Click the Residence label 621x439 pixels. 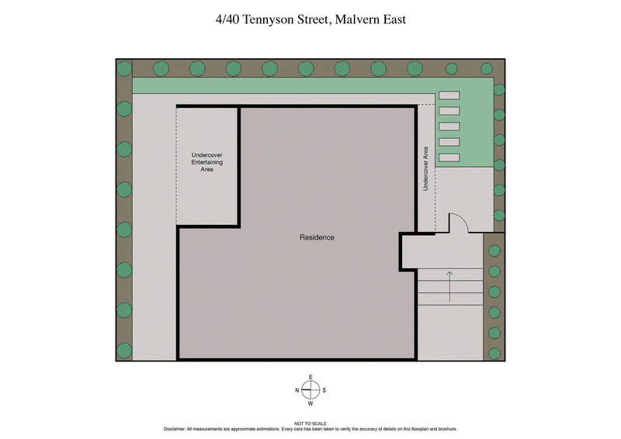coord(317,237)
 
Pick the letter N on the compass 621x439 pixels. coord(297,390)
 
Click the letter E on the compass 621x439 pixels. coord(310,378)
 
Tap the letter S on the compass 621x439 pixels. coord(324,390)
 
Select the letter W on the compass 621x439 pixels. coord(310,403)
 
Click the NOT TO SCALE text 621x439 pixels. coord(310,423)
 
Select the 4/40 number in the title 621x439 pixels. coord(227,19)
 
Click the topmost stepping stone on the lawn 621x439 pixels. coord(449,95)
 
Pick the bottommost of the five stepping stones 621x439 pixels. coord(449,157)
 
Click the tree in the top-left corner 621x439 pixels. coord(124,68)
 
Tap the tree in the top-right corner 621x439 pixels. coord(487,68)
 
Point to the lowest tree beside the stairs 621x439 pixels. coord(494,334)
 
